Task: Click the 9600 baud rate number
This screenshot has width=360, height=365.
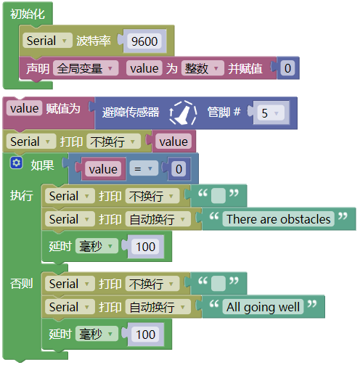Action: point(144,41)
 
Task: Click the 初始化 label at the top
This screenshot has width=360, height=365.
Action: point(28,14)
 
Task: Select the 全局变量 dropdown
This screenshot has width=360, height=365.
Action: point(86,68)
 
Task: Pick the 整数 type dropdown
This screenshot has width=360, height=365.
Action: point(202,68)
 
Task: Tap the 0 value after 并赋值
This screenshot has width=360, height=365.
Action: point(287,68)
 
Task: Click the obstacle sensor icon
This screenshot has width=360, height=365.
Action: point(183,113)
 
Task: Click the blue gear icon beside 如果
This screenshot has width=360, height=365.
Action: point(16,163)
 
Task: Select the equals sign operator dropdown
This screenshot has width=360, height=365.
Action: point(144,168)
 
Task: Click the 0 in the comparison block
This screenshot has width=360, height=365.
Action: point(179,169)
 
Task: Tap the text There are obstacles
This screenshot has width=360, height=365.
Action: point(279,219)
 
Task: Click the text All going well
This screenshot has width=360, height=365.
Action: point(263,307)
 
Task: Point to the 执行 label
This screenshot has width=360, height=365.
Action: point(22,195)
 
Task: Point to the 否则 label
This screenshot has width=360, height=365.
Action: point(22,283)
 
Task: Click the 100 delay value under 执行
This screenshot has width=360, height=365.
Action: point(145,247)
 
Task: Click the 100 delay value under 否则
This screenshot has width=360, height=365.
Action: point(145,335)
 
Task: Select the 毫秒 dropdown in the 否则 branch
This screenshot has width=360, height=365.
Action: point(97,334)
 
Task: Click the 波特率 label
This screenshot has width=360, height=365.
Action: point(94,41)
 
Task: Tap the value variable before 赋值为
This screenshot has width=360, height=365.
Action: point(25,108)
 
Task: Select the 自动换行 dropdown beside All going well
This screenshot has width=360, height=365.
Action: point(158,307)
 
